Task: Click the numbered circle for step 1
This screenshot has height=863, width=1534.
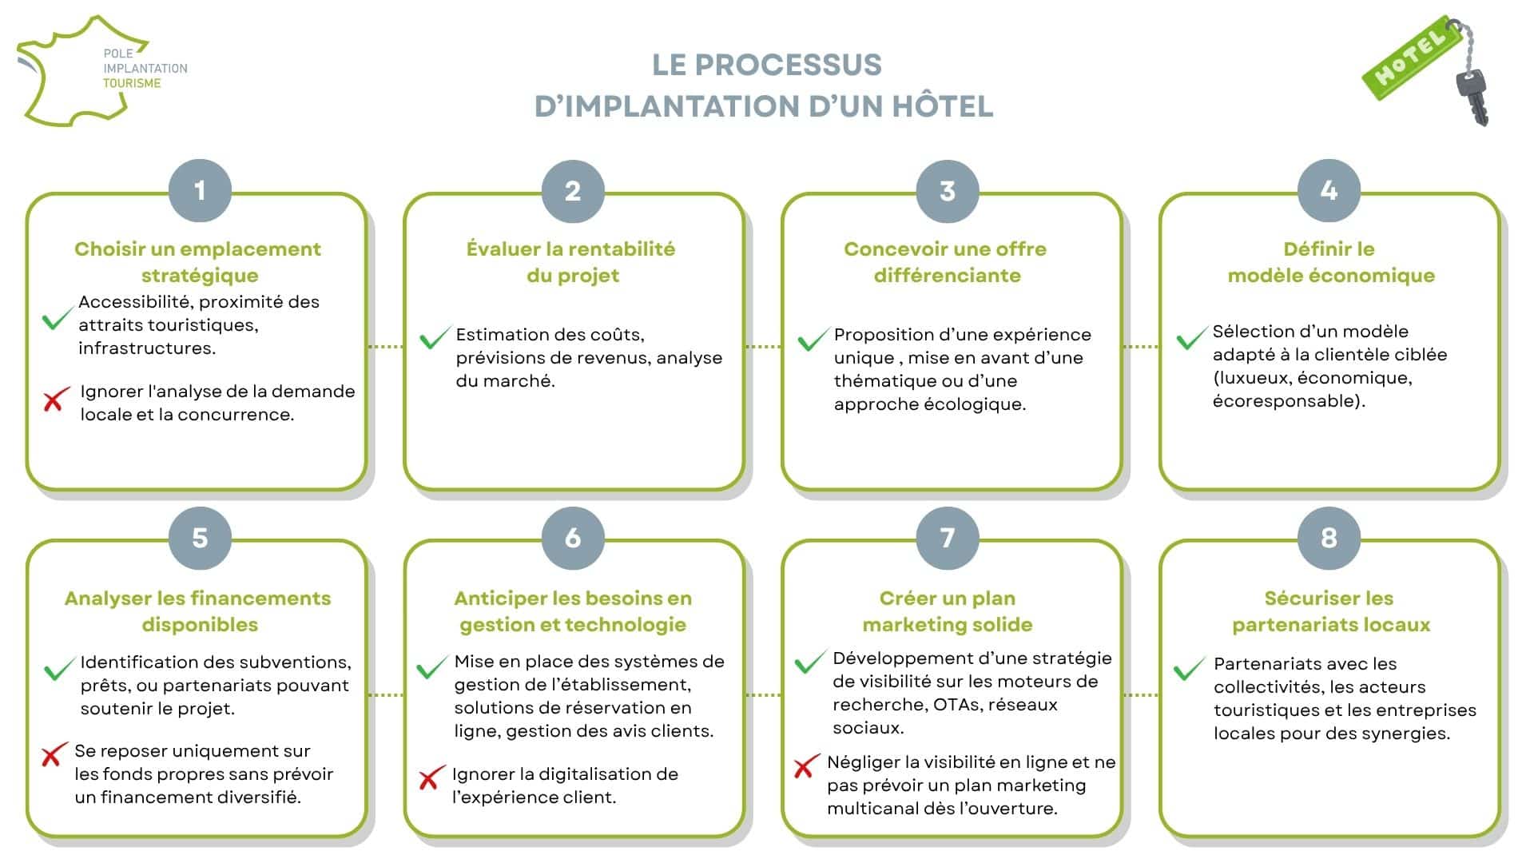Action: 200,191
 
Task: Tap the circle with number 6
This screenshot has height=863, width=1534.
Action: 573,538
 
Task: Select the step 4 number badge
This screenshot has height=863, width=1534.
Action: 1329,191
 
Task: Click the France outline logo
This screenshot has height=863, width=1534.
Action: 80,70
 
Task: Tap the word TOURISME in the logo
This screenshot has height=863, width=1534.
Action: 132,83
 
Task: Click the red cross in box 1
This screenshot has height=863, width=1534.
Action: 54,400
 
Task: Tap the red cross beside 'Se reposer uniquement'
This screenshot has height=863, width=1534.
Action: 54,755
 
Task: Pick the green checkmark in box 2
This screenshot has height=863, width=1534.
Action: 435,338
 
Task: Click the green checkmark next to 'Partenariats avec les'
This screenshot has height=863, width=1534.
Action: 1190,668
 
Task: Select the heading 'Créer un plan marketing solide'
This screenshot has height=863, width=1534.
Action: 948,611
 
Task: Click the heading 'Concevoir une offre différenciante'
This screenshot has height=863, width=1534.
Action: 946,262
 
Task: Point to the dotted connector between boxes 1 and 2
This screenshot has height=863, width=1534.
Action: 385,347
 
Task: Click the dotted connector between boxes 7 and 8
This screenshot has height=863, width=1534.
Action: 1141,695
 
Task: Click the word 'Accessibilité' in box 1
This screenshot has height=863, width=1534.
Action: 135,302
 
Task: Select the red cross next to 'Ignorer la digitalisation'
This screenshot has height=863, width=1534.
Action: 431,777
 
